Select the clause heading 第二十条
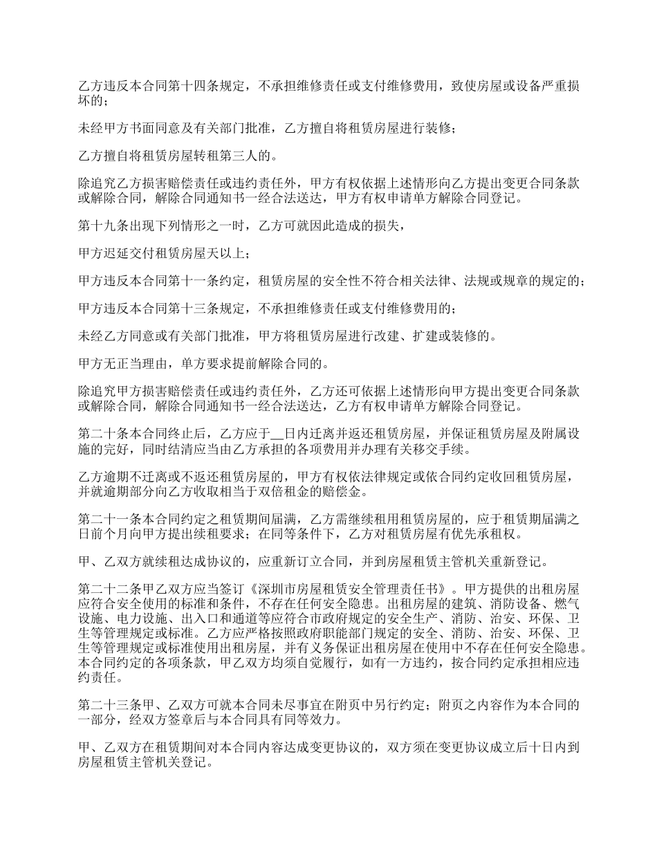click(102, 434)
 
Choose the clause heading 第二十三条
click(109, 705)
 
